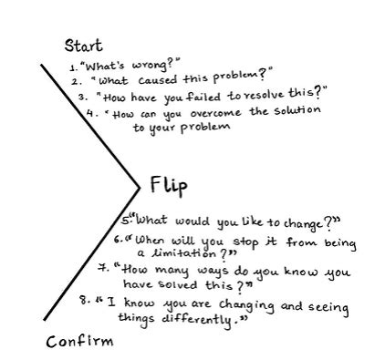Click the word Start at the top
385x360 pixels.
point(83,45)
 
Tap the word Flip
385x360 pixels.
point(169,186)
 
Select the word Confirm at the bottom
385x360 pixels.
point(80,342)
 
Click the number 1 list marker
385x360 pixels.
point(72,68)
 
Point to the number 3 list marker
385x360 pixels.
point(83,96)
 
